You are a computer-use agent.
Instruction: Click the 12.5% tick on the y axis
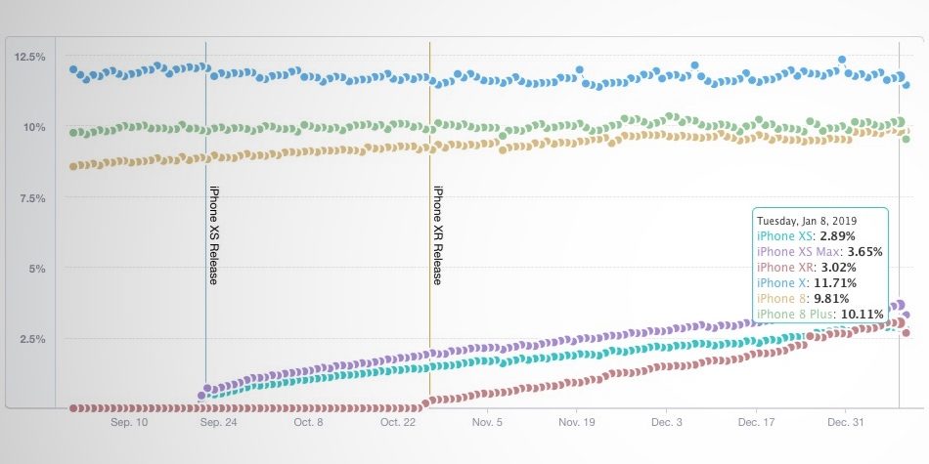(x=29, y=57)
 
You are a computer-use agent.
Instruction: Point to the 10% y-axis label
(x=31, y=127)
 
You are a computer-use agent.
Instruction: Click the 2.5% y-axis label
(x=29, y=338)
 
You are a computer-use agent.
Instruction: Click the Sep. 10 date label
(x=129, y=423)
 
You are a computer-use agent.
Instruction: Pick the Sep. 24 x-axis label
(x=218, y=423)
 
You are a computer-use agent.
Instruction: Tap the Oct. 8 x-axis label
(x=308, y=423)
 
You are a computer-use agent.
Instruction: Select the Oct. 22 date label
(x=397, y=423)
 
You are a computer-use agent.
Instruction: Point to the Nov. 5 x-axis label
(x=487, y=423)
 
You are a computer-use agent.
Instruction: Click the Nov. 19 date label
(x=576, y=423)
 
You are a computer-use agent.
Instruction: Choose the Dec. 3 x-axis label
(x=666, y=423)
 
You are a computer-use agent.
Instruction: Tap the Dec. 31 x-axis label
(x=844, y=423)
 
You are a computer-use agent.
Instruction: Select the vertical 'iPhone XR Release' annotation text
(x=438, y=234)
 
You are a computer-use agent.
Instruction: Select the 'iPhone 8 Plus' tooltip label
(x=795, y=314)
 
